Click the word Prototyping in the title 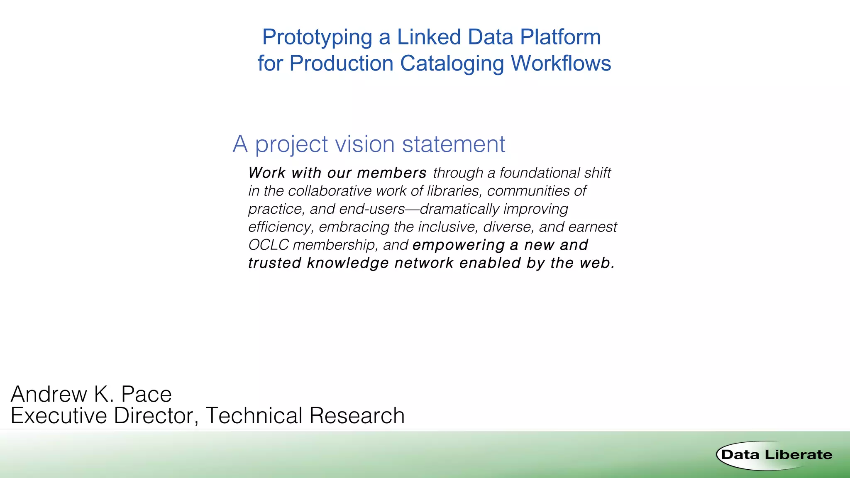point(317,38)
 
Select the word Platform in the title point(560,37)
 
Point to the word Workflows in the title point(561,63)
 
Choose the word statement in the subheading point(453,144)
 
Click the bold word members point(391,173)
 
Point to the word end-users point(371,209)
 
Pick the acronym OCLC point(268,245)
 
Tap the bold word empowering point(459,245)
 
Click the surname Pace point(146,394)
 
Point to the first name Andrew point(48,394)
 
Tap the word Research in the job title point(357,416)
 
